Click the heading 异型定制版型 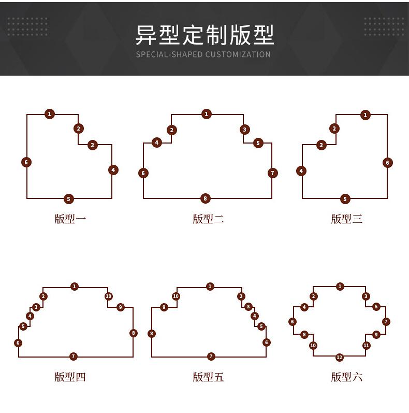tap(204, 35)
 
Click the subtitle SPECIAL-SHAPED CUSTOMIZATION tap(203, 54)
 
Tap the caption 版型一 tap(70, 219)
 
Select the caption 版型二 tap(208, 219)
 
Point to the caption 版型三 tap(346, 219)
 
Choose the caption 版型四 tap(70, 377)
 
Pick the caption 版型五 tap(208, 377)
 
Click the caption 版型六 tap(346, 377)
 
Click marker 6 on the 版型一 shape tap(26, 162)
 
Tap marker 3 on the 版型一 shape tap(92, 145)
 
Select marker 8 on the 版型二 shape tap(206, 198)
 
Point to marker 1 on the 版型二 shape tap(207, 114)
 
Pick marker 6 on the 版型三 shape tap(387, 163)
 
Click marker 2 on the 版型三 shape tap(335, 129)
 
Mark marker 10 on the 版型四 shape tap(108, 296)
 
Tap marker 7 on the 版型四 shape tap(74, 357)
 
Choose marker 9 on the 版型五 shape tap(164, 307)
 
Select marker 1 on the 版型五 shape tap(210, 287)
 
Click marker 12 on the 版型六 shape tap(339, 358)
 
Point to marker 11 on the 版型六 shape tap(367, 345)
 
